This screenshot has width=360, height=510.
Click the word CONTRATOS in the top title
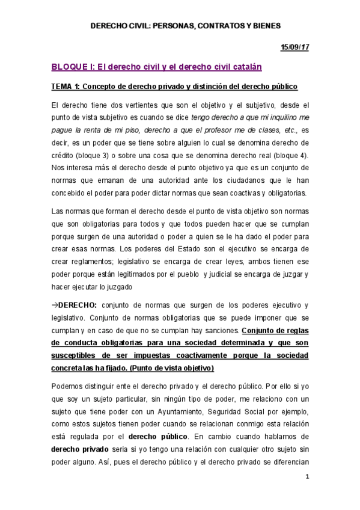[218, 26]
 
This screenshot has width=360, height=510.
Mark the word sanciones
[222, 331]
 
